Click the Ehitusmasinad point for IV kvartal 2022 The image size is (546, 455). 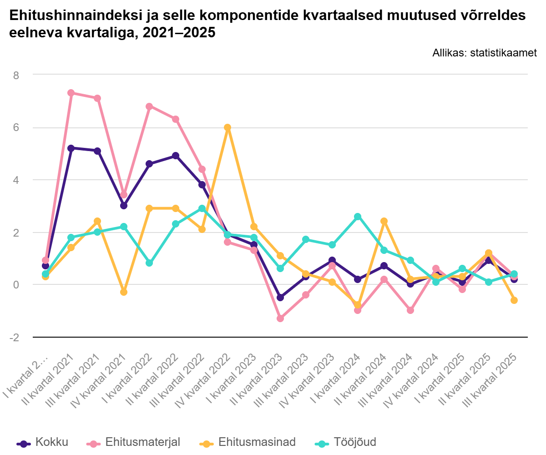click(227, 127)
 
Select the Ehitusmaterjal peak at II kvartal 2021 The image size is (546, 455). click(71, 93)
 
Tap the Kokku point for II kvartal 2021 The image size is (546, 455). click(71, 148)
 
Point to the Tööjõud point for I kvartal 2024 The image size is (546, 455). click(358, 217)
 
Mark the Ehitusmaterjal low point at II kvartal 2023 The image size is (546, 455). click(280, 318)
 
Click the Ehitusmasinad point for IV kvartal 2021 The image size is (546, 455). click(123, 292)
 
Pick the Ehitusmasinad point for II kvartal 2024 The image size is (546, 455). click(384, 221)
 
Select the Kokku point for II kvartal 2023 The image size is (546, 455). click(280, 298)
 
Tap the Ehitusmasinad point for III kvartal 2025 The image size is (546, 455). click(514, 300)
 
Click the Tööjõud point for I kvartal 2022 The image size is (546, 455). click(149, 263)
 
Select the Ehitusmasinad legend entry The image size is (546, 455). click(248, 442)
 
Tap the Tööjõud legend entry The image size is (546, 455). click(346, 442)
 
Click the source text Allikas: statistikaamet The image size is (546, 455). click(485, 53)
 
